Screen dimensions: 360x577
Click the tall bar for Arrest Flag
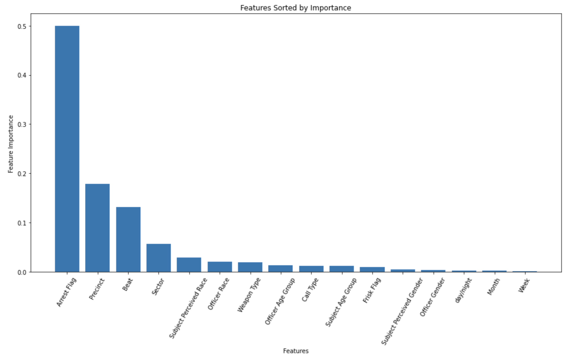pos(67,149)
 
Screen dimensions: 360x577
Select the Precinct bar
pos(97,228)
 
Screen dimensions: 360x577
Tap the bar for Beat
pos(128,239)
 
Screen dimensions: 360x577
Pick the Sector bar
pos(158,258)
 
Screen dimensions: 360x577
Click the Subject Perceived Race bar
pos(189,265)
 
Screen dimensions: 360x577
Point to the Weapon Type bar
pos(250,267)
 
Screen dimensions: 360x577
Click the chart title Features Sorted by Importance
pos(295,8)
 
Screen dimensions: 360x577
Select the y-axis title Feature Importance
pos(11,144)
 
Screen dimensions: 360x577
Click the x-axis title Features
pos(296,351)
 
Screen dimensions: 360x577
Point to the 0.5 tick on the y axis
pos(22,26)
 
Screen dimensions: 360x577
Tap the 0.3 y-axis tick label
pos(22,124)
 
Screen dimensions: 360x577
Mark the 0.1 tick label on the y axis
pos(22,223)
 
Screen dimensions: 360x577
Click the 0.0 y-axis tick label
pos(22,272)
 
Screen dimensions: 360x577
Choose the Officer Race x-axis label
pos(218,294)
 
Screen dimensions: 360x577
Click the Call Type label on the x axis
pos(310,290)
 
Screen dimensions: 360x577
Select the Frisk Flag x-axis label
pos(372,290)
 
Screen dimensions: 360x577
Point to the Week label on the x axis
pos(524,285)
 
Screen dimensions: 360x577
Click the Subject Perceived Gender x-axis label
pos(402,312)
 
